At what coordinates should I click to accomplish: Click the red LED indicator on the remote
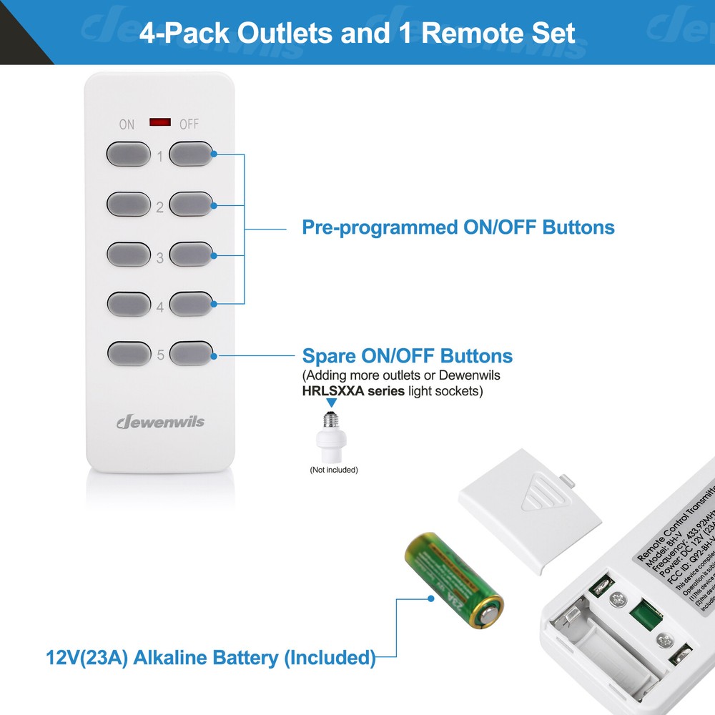pos(160,122)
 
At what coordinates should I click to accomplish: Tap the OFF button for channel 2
pos(192,203)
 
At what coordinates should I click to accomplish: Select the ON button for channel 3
pos(129,254)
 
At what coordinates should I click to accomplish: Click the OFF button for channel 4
pos(192,303)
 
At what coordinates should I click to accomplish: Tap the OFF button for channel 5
pos(192,352)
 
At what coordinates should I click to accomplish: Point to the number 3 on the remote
pos(160,258)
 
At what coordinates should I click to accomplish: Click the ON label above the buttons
pos(127,124)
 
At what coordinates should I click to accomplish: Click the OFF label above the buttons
pos(189,124)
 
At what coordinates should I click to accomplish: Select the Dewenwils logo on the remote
pos(160,421)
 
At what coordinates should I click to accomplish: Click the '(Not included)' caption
pos(333,470)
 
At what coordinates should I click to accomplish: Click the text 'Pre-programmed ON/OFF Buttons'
pos(458,227)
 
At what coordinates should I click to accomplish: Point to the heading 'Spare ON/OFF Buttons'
pos(407,355)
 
